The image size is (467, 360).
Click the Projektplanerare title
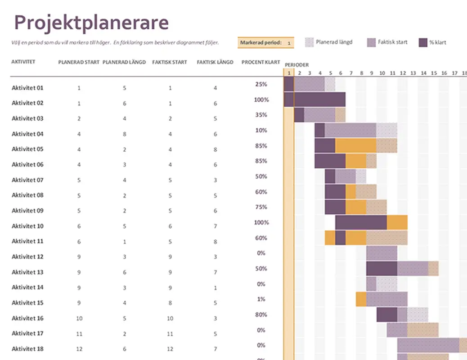pyautogui.click(x=92, y=22)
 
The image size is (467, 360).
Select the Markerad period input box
pyautogui.click(x=288, y=43)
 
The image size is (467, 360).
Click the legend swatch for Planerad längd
pyautogui.click(x=309, y=42)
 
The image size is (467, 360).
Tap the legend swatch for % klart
pyautogui.click(x=423, y=42)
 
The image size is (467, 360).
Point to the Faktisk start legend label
pyautogui.click(x=392, y=42)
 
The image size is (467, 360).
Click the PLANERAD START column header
pyautogui.click(x=79, y=63)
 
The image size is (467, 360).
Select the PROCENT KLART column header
pyautogui.click(x=260, y=63)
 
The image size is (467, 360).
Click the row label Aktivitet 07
pyautogui.click(x=27, y=180)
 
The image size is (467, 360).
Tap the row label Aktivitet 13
pyautogui.click(x=27, y=272)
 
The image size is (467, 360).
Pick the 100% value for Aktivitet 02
pyautogui.click(x=261, y=100)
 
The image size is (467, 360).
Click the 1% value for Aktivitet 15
pyautogui.click(x=261, y=299)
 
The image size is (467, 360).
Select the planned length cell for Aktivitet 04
pyautogui.click(x=125, y=134)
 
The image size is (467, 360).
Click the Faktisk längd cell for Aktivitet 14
pyautogui.click(x=215, y=288)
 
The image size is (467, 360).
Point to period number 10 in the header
pyautogui.click(x=382, y=73)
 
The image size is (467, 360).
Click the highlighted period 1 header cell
pyautogui.click(x=289, y=73)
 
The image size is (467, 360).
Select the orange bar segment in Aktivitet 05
pyautogui.click(x=355, y=146)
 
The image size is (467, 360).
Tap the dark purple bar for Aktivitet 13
pyautogui.click(x=381, y=269)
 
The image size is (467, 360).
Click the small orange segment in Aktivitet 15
pyautogui.click(x=361, y=299)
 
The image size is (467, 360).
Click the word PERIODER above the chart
pyautogui.click(x=296, y=65)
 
